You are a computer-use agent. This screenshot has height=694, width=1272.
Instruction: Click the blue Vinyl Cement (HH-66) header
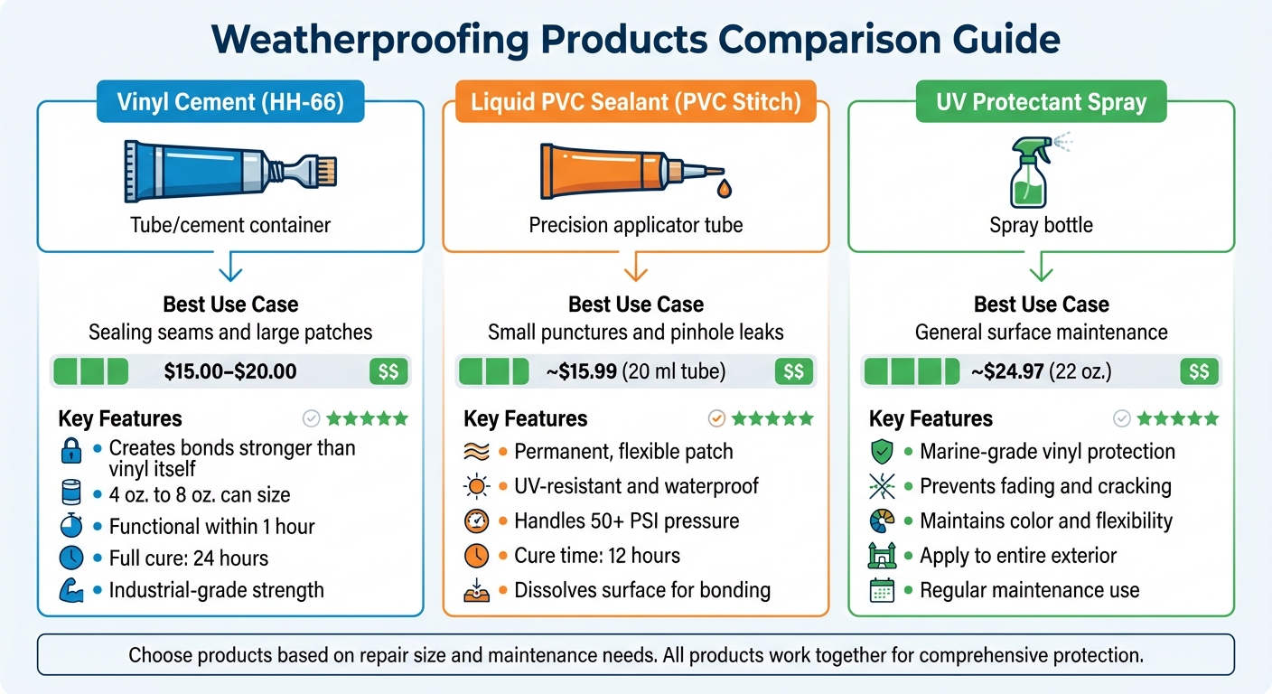(229, 102)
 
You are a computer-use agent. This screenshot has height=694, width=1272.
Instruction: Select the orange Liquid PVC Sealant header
(635, 102)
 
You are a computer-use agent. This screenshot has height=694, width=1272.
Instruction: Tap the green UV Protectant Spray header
(1041, 102)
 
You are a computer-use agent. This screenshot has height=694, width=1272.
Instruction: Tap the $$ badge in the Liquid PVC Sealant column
(794, 371)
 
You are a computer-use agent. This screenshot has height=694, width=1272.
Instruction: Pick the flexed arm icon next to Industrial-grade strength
(70, 591)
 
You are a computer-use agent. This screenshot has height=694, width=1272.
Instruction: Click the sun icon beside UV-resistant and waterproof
(476, 487)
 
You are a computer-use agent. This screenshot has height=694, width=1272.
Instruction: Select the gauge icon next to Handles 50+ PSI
(476, 521)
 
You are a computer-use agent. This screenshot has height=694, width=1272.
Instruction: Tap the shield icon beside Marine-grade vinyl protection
(882, 452)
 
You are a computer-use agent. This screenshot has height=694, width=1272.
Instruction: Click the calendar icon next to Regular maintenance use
(882, 591)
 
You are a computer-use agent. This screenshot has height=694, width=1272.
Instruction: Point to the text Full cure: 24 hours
(189, 558)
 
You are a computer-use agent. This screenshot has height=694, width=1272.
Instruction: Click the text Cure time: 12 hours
(597, 556)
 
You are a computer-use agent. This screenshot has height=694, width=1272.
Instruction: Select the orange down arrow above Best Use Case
(636, 268)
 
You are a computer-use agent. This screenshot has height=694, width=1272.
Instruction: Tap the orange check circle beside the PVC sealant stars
(716, 418)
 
